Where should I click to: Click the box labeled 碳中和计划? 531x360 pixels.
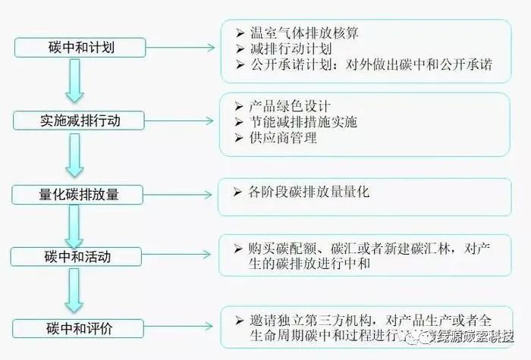(x=80, y=48)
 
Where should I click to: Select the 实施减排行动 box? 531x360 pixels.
(x=80, y=120)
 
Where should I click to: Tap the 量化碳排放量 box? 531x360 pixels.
(x=80, y=194)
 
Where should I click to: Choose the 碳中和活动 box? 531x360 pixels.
(x=80, y=257)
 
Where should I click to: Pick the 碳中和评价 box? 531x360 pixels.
(x=80, y=328)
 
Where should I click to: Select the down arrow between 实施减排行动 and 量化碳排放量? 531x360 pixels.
(x=74, y=157)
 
